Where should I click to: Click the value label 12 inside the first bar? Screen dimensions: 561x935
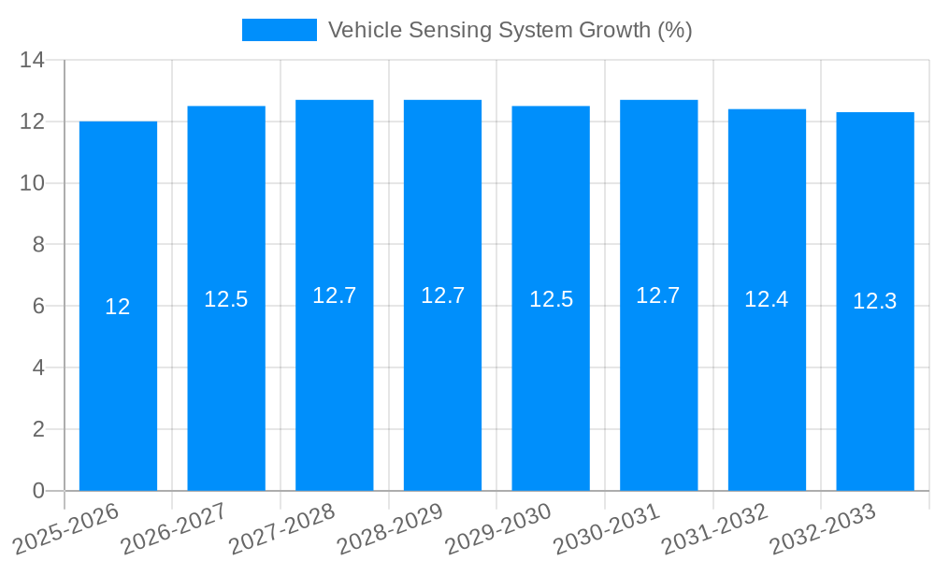pyautogui.click(x=118, y=307)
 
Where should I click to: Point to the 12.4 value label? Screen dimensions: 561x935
pyautogui.click(x=767, y=299)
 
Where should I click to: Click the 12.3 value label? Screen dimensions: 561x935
pyautogui.click(x=875, y=301)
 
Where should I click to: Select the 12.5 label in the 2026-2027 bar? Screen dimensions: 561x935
pyautogui.click(x=226, y=299)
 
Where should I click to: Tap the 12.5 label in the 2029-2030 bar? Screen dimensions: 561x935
pyautogui.click(x=551, y=299)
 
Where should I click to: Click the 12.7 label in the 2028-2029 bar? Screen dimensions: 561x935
pyautogui.click(x=442, y=295)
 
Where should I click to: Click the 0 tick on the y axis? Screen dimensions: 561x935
pyautogui.click(x=38, y=491)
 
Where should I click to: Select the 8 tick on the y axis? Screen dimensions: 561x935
pyautogui.click(x=38, y=245)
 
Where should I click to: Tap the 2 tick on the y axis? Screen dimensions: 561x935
pyautogui.click(x=38, y=429)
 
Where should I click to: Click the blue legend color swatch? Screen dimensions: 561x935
pyautogui.click(x=279, y=30)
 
